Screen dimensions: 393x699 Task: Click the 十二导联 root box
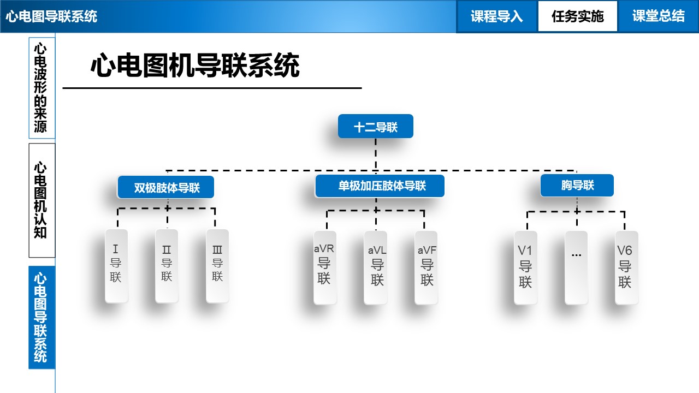click(375, 127)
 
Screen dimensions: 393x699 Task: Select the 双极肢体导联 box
click(166, 188)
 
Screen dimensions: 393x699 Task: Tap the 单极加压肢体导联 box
click(380, 186)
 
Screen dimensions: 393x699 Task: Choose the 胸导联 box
click(577, 186)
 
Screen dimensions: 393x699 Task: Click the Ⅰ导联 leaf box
click(116, 265)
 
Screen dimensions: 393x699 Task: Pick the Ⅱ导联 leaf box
click(167, 265)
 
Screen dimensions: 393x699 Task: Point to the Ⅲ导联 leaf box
click(217, 265)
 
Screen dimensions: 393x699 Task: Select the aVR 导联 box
click(324, 267)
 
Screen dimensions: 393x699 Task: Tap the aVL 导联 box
click(376, 267)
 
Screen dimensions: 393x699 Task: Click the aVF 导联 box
click(426, 267)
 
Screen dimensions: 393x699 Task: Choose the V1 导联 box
click(525, 267)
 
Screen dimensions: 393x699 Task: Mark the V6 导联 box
click(626, 267)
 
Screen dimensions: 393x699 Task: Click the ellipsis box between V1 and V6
click(576, 267)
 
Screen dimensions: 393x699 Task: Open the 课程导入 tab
click(496, 16)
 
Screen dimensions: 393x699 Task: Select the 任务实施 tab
click(577, 16)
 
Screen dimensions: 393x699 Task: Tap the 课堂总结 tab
click(658, 16)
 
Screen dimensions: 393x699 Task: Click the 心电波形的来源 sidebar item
click(42, 87)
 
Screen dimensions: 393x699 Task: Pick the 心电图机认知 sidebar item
click(42, 200)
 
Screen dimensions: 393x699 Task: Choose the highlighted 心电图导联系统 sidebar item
click(42, 317)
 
